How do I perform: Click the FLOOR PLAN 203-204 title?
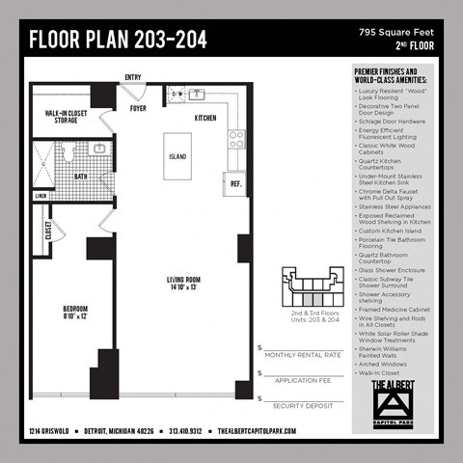click(x=118, y=41)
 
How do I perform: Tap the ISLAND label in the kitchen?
click(x=178, y=154)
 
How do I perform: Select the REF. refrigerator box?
click(x=234, y=182)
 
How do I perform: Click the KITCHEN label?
click(x=205, y=118)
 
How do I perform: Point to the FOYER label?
click(x=139, y=108)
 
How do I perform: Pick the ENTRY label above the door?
click(x=133, y=78)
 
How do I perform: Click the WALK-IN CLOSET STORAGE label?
click(x=66, y=118)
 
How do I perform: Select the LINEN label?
click(x=41, y=196)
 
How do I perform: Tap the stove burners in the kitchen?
click(x=235, y=137)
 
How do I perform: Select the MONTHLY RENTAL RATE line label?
click(x=302, y=356)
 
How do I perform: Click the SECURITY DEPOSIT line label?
click(x=302, y=406)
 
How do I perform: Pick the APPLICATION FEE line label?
click(x=302, y=381)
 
